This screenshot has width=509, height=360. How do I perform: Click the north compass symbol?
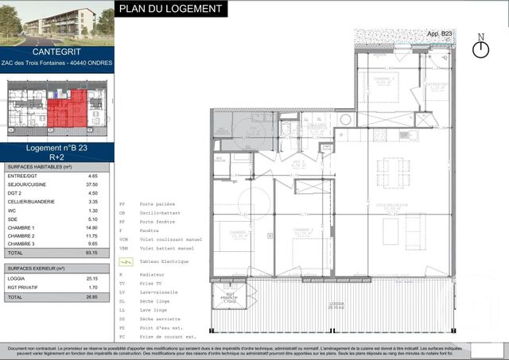pyautogui.click(x=480, y=48)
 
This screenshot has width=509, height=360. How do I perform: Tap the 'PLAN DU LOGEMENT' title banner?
pyautogui.click(x=171, y=10)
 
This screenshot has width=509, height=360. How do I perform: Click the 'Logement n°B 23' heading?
pyautogui.click(x=57, y=148)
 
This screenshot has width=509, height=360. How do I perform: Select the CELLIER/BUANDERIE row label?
pyautogui.click(x=31, y=202)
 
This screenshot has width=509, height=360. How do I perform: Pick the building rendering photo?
pyautogui.click(x=57, y=21)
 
